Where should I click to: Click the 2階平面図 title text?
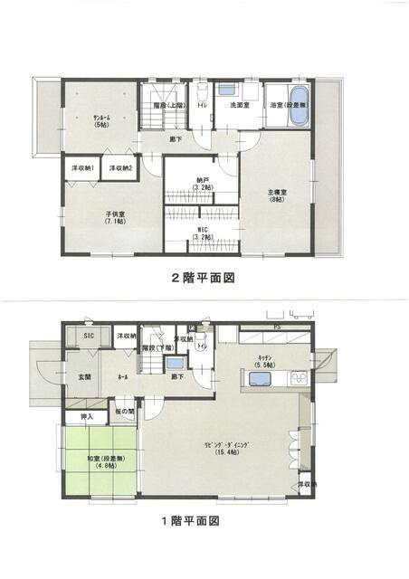[204, 279]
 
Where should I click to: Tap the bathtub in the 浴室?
[298, 99]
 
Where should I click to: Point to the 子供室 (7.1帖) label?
[114, 219]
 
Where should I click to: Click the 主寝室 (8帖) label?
[277, 195]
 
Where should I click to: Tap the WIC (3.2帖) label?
[203, 234]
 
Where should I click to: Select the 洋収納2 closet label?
[121, 169]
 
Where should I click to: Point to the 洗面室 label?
[239, 106]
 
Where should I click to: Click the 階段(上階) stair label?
[169, 106]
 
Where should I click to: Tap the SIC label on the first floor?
[90, 337]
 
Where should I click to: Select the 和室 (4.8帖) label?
[100, 461]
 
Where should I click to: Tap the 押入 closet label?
[87, 417]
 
